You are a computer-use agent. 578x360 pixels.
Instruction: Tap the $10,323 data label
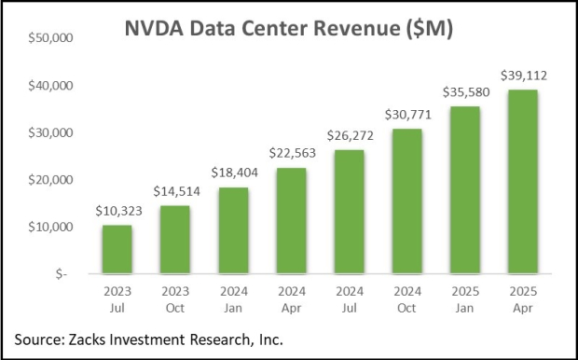tap(118, 213)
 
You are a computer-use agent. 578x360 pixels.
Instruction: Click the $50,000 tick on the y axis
tap(55, 39)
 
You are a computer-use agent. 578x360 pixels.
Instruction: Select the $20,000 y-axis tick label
tap(55, 180)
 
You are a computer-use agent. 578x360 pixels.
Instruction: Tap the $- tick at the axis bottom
tap(68, 274)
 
